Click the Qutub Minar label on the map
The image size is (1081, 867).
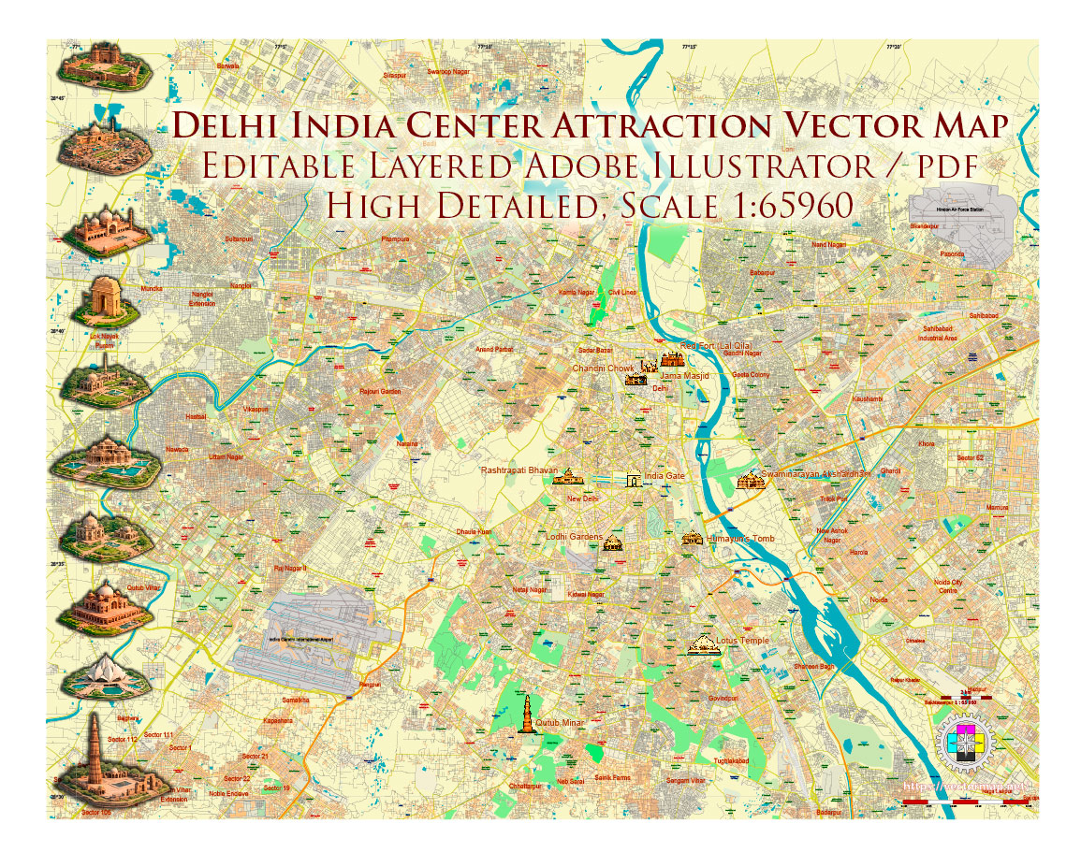coord(561,722)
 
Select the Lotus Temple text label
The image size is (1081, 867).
coord(742,641)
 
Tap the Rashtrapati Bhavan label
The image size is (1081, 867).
coord(519,470)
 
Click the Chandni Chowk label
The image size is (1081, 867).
coord(603,368)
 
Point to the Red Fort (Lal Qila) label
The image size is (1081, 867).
coord(716,346)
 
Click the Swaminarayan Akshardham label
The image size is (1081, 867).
coord(816,474)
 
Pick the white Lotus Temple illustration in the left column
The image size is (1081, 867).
coord(101,677)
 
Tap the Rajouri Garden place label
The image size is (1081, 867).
coord(380,392)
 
